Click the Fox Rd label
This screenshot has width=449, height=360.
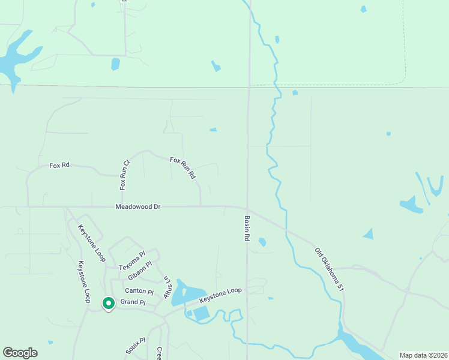pos(60,165)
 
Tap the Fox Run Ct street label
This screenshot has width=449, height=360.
pos(125,175)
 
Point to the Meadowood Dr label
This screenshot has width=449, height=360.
pos(138,207)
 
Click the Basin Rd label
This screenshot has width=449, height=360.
pos(246,228)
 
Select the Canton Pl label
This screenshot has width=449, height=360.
pos(135,290)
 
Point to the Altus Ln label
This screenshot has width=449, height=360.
pos(167,287)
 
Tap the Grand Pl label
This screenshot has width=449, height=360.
pos(133,302)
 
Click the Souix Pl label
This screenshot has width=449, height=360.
pos(133,346)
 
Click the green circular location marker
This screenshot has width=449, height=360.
pos(108,304)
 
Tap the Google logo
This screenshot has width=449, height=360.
pos(20,353)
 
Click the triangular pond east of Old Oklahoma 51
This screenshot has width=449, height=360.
pos(368,233)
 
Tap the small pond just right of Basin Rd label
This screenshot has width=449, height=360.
pos(262,242)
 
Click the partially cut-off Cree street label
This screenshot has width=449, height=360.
pos(160,353)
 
